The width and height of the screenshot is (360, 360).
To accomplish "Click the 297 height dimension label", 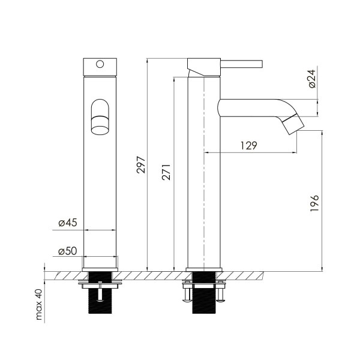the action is point(141,164).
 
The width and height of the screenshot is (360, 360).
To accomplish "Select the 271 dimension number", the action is point(166,172).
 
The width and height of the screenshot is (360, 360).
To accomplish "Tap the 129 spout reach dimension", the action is point(249,145).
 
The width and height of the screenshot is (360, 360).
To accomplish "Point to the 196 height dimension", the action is point(314,203).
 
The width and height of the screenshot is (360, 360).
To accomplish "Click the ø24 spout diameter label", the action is point(312,79).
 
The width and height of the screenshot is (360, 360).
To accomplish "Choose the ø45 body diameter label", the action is point(68,223).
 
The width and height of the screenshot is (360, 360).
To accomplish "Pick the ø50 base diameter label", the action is point(67,251).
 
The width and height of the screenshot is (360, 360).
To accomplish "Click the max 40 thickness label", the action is point(39,304).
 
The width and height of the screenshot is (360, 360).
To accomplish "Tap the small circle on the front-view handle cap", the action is point(100,64).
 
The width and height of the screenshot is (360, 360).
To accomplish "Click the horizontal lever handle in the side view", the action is point(242,64).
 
